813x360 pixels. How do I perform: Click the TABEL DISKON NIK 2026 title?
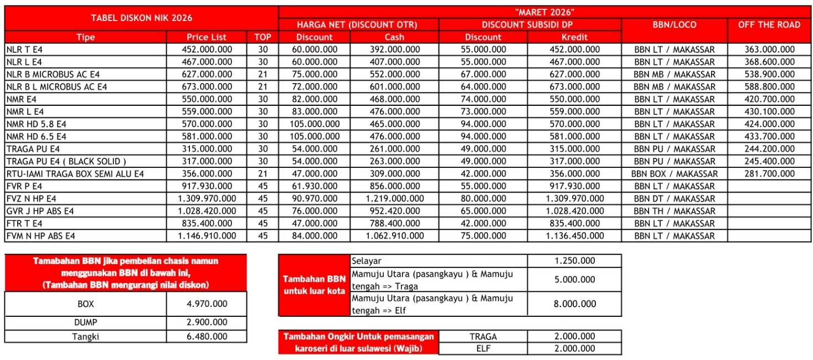pos(141,18)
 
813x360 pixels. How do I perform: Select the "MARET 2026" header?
pos(544,11)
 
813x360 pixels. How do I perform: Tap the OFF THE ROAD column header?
pos(769,24)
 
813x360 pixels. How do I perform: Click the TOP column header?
pos(263,37)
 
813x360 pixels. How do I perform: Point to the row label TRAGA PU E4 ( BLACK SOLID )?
pos(66,161)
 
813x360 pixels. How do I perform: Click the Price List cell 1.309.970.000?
pos(206,198)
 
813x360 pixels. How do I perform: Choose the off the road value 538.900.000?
pos(769,74)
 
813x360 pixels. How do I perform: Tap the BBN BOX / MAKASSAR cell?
pos(674,173)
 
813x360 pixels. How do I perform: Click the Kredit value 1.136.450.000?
pos(574,236)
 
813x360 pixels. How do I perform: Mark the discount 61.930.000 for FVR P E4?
pos(313,186)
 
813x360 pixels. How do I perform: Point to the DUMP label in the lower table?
pos(85,322)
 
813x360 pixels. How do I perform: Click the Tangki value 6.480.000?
pos(206,336)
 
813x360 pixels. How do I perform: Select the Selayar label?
pos(367,260)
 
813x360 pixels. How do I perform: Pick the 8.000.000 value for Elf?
pos(574,304)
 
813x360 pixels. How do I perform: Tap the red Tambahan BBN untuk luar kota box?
pos(315,285)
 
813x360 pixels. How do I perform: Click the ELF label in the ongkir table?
pos(483,348)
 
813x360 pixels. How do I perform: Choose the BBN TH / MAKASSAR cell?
pos(674,211)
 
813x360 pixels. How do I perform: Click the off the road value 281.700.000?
pos(769,173)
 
